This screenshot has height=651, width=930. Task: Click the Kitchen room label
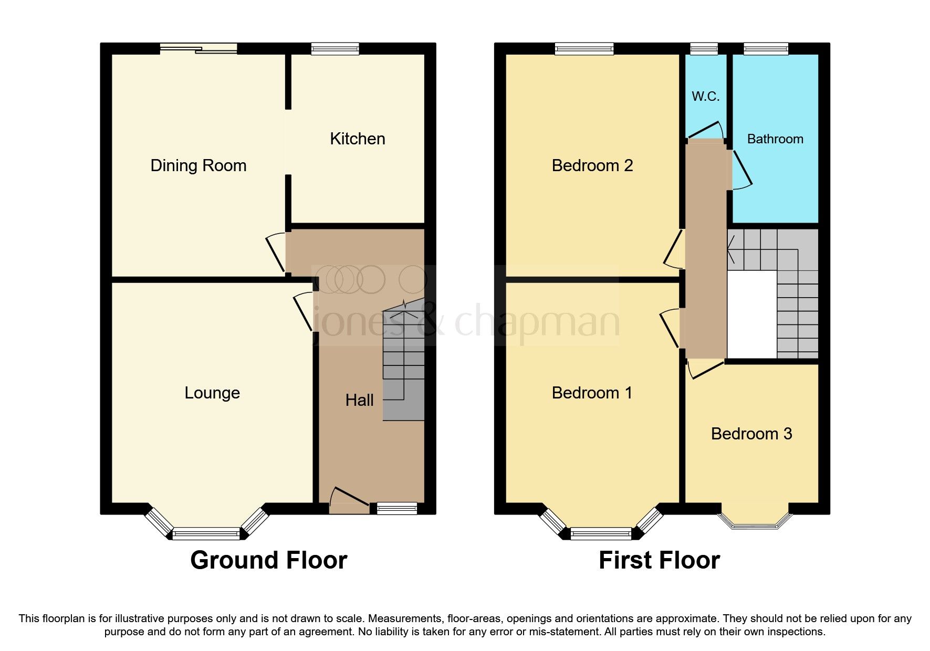(357, 139)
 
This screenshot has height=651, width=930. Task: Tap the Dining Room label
(198, 165)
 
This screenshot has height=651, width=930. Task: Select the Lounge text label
(212, 393)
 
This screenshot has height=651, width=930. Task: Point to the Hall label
(359, 400)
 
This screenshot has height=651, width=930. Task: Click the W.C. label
(705, 96)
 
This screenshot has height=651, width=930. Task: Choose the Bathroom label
(775, 139)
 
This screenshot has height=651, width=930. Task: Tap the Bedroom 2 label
(592, 165)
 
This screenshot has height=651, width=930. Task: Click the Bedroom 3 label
(751, 434)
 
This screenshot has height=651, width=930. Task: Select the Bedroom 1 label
(592, 393)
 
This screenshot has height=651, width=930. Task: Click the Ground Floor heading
(268, 560)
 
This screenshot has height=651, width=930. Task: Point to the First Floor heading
(659, 560)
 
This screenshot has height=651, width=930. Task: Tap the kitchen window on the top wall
(335, 49)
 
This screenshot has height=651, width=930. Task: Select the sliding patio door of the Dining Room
(198, 49)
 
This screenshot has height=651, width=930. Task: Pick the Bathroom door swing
(740, 171)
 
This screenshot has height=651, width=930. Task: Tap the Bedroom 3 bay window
(755, 520)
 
